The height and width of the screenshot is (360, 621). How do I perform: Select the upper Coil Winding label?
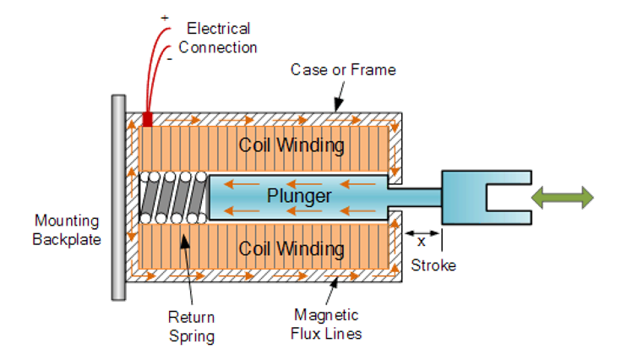(x=291, y=145)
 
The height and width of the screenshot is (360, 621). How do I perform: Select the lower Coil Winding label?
(x=291, y=249)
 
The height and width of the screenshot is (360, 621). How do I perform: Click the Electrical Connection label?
(x=218, y=38)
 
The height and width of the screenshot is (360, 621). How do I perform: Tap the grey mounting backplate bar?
(x=117, y=197)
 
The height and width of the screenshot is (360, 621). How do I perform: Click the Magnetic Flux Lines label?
(x=328, y=324)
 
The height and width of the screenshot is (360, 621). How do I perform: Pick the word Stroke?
(x=433, y=265)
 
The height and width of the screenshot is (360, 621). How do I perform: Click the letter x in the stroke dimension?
(x=421, y=241)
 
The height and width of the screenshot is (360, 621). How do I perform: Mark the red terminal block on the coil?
(x=148, y=119)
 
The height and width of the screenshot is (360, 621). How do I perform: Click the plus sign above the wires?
(x=164, y=17)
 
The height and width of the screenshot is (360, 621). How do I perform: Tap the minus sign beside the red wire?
(x=169, y=60)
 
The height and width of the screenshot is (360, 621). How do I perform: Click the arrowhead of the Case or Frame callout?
(x=337, y=107)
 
